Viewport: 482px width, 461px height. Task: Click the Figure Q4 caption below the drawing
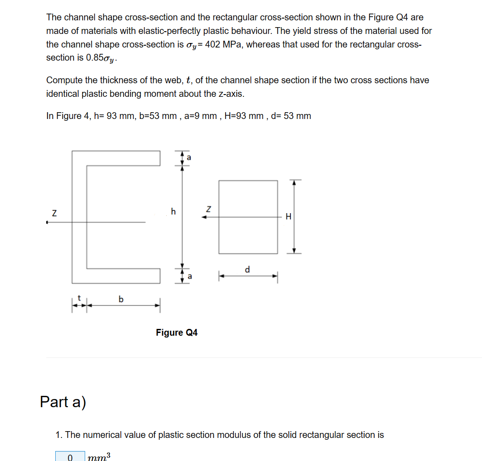click(177, 333)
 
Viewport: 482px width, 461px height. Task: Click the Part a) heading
click(63, 401)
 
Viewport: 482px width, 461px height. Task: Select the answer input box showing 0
click(70, 456)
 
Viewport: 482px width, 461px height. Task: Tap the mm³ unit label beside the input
click(99, 456)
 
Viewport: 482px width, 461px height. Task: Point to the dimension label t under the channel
click(79, 299)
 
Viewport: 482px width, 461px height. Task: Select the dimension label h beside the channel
click(173, 211)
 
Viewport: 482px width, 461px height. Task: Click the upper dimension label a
click(189, 158)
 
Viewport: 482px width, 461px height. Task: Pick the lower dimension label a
click(189, 276)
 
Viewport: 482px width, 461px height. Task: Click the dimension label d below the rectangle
click(247, 270)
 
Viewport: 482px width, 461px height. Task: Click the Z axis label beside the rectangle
click(208, 209)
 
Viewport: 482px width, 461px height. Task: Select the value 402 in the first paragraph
click(213, 44)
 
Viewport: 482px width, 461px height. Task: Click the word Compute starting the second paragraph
click(64, 81)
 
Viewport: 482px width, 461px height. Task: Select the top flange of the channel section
click(116, 158)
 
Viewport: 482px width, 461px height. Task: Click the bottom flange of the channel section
click(116, 275)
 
